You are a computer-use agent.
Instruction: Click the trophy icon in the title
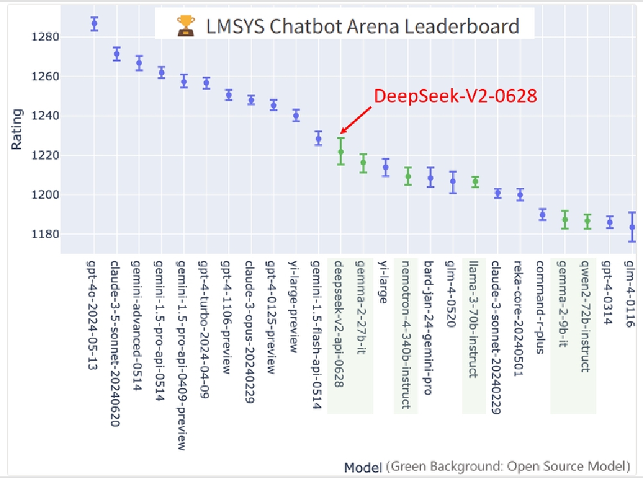click(x=186, y=26)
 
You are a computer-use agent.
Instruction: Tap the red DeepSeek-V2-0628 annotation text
click(x=455, y=97)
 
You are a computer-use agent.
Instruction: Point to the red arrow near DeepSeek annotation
click(x=356, y=121)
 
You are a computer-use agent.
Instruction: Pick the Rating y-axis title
click(x=17, y=129)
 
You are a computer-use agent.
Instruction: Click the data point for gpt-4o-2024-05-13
click(x=95, y=24)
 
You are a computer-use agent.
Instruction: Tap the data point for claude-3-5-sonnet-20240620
click(x=116, y=54)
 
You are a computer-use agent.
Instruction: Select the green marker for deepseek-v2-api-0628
click(x=341, y=152)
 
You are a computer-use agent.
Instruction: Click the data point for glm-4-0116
click(x=632, y=227)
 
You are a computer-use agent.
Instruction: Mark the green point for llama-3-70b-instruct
click(x=475, y=182)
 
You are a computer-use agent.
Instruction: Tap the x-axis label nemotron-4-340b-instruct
click(x=405, y=334)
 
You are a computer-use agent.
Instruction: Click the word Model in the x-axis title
click(x=363, y=466)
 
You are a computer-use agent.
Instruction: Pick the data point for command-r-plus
click(x=543, y=215)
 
